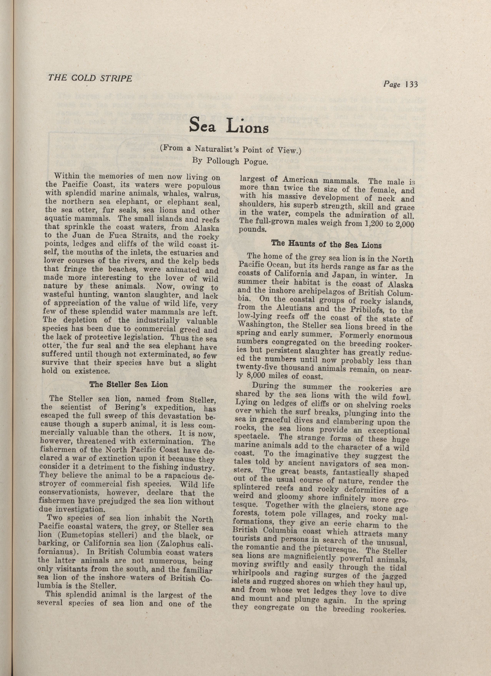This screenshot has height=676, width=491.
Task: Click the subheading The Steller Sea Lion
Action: tap(128, 385)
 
